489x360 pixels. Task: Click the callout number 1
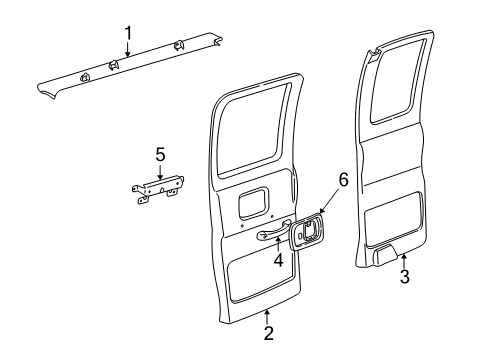[127, 32]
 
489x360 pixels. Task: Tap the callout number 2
[267, 334]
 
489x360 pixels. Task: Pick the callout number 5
[159, 154]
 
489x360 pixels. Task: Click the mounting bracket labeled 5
[160, 190]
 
